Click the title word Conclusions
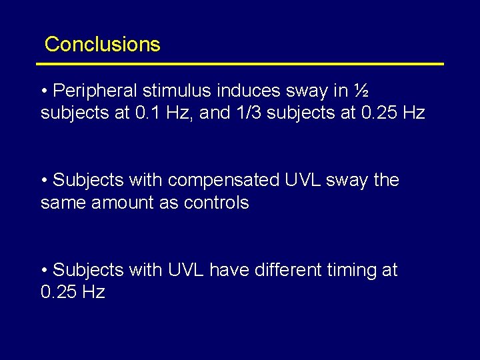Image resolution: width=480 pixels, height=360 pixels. [x=102, y=45]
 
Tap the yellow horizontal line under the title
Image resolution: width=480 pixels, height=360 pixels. [x=240, y=64]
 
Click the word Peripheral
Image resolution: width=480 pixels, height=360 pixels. [x=94, y=90]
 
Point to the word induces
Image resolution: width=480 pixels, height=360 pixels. [x=245, y=90]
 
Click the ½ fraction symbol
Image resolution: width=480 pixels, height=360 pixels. [x=361, y=90]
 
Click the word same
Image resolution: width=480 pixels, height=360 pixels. [x=61, y=203]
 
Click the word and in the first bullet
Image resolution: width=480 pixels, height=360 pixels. [x=215, y=113]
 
